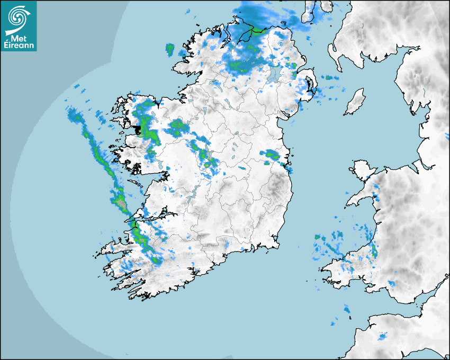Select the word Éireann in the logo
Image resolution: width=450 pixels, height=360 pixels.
(x=19, y=46)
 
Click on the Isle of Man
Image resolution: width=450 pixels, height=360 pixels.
(x=355, y=102)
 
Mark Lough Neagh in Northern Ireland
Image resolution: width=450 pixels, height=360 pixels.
(x=274, y=73)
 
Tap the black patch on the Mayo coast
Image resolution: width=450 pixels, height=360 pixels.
(x=141, y=129)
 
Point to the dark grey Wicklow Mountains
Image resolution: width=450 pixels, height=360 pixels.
(x=275, y=188)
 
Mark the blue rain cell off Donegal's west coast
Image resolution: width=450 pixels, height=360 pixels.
(x=170, y=50)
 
